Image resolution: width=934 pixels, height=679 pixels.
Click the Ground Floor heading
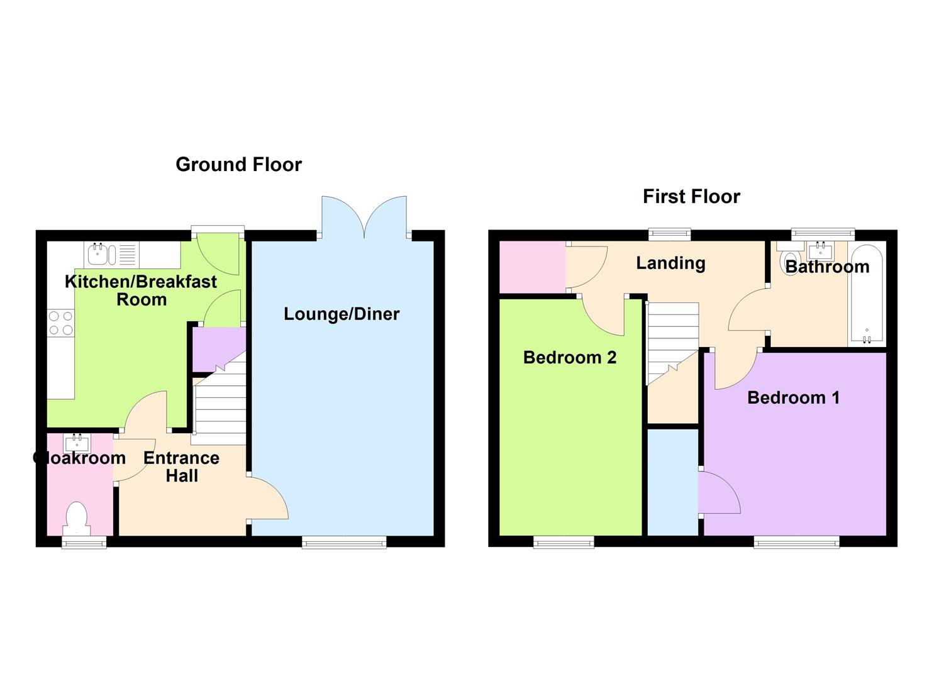238,165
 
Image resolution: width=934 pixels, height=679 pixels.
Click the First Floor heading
691,197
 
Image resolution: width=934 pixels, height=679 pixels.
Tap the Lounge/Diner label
342,314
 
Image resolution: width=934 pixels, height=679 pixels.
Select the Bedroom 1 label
793,397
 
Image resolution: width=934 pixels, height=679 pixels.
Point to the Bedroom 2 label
569,358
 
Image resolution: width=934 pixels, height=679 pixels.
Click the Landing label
670,263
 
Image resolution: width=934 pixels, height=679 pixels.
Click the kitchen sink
99,254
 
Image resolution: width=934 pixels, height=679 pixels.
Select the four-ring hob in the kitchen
60,323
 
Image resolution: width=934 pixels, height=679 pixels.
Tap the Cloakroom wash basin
77,443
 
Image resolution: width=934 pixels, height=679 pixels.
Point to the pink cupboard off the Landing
532,267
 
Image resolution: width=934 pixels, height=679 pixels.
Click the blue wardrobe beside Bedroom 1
672,482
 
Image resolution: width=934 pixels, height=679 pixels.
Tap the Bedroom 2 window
564,542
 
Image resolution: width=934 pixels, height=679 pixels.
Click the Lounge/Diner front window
344,542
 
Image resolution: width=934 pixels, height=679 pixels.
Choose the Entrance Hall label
181,466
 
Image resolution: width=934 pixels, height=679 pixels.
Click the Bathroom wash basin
820,252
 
